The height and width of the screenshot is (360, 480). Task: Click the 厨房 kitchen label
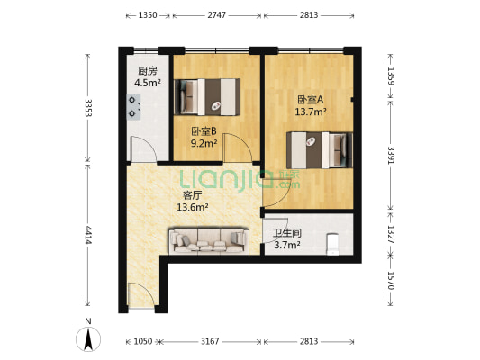(x=148, y=71)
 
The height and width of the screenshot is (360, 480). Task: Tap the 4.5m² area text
(x=148, y=84)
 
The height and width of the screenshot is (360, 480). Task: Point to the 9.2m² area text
(x=204, y=142)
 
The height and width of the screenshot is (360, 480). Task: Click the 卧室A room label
(x=310, y=100)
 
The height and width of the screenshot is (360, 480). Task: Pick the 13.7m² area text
(x=310, y=112)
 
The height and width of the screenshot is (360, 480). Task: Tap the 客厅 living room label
(x=192, y=194)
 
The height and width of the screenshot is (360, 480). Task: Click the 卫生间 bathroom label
(x=287, y=232)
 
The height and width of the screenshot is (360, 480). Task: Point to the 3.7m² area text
(x=287, y=245)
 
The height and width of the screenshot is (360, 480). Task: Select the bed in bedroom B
(x=209, y=96)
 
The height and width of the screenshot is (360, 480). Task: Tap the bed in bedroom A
(x=318, y=148)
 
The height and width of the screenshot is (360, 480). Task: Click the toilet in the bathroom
(x=332, y=243)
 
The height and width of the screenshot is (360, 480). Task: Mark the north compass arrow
(x=87, y=338)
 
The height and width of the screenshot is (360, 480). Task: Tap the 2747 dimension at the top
(x=217, y=15)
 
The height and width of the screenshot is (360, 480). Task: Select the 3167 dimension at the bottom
(x=212, y=341)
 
